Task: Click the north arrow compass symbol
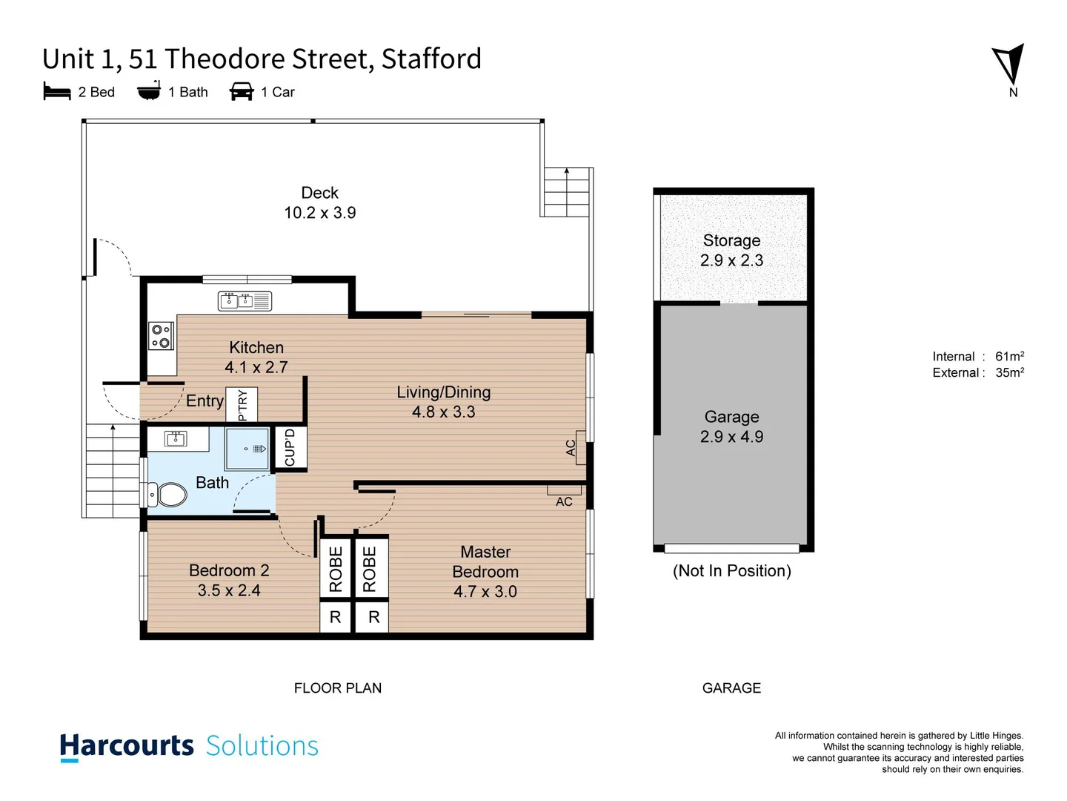pyautogui.click(x=1009, y=65)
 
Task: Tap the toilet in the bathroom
pyautogui.click(x=168, y=495)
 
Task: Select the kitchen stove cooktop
pyautogui.click(x=161, y=335)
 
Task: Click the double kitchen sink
pyautogui.click(x=245, y=300)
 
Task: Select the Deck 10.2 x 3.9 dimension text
pyautogui.click(x=319, y=213)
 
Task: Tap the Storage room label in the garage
pyautogui.click(x=731, y=241)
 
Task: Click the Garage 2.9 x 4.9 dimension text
pyautogui.click(x=731, y=437)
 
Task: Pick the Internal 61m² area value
pyautogui.click(x=1009, y=357)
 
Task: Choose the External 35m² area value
pyautogui.click(x=1009, y=373)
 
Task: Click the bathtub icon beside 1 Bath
pyautogui.click(x=149, y=90)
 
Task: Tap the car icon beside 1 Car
pyautogui.click(x=242, y=91)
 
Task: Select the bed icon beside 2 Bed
pyautogui.click(x=57, y=91)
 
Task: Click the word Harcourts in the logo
pyautogui.click(x=127, y=745)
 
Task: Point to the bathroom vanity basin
pyautogui.click(x=176, y=438)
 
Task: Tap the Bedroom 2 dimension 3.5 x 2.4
pyautogui.click(x=229, y=590)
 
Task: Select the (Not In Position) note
pyautogui.click(x=731, y=571)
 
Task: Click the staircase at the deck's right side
pyautogui.click(x=567, y=192)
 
